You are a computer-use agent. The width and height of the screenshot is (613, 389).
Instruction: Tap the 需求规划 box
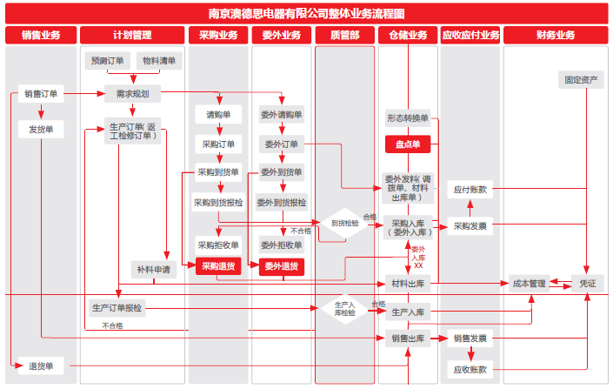point(132,94)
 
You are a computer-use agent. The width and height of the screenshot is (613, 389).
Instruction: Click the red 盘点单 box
point(409,144)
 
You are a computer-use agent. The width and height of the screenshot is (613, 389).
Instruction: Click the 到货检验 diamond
point(344,224)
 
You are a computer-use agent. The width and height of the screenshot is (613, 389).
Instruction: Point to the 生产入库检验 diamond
point(344,307)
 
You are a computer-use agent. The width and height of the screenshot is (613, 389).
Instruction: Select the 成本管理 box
point(530,283)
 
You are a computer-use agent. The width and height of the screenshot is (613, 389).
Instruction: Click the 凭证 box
point(588,283)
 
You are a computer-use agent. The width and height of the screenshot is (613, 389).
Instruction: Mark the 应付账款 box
point(470,189)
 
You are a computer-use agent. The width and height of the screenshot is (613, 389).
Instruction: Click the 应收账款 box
point(470,369)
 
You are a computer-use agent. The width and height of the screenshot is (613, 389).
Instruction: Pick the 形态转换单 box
point(409,118)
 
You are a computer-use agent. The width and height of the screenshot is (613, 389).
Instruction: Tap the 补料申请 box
point(154,270)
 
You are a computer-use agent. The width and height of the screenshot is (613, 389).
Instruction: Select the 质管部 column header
point(345,36)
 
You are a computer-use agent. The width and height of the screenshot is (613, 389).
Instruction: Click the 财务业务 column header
point(556,36)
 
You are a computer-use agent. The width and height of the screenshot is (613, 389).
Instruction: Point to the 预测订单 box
point(108,61)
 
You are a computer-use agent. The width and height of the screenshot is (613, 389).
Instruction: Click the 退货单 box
point(41,366)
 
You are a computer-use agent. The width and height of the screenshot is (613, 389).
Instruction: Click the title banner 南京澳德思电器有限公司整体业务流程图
point(306,13)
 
